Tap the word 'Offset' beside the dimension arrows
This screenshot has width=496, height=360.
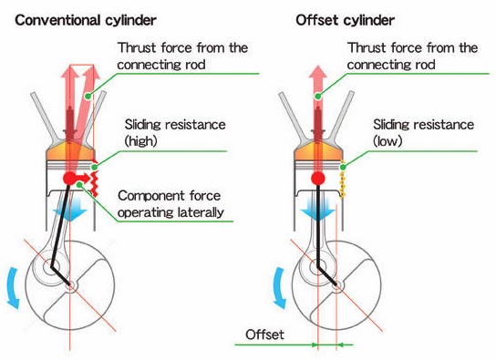point(264,335)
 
